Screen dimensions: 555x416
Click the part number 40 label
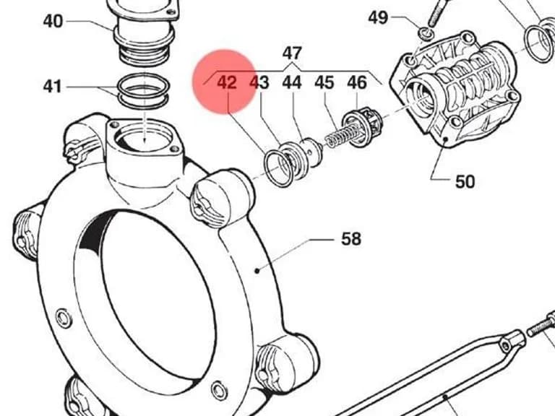(x=53, y=21)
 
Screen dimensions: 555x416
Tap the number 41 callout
(x=52, y=87)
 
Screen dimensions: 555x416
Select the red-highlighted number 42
(x=226, y=82)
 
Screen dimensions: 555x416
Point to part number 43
(x=259, y=82)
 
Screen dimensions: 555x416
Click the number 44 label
(x=292, y=82)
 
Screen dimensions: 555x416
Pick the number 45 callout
(x=324, y=82)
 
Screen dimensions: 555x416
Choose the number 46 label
(x=357, y=82)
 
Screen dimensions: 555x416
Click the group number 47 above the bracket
(x=292, y=53)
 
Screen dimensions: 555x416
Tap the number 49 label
(x=378, y=17)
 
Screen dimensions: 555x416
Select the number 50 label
(x=465, y=182)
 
